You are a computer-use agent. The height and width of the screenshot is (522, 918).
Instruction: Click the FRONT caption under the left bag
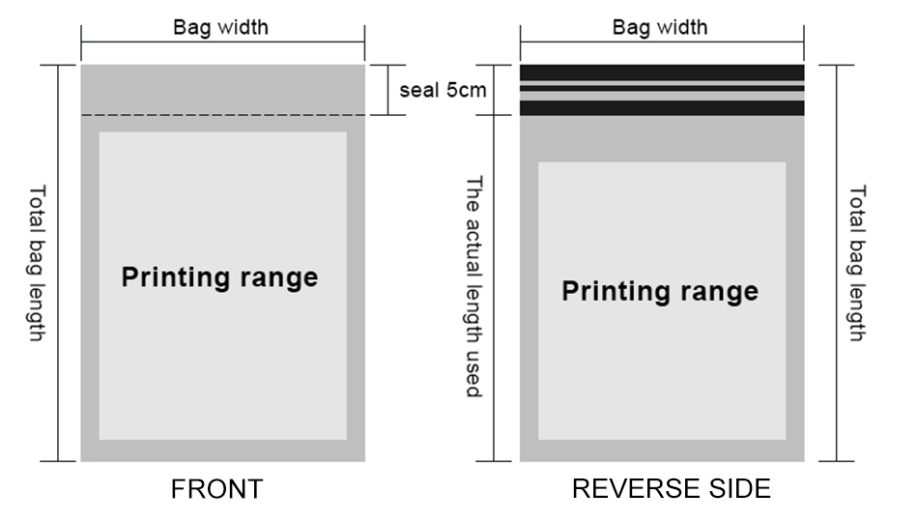click(216, 489)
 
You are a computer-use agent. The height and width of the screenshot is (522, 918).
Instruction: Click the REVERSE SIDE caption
click(671, 489)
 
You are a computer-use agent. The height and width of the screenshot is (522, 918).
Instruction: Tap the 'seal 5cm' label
click(442, 91)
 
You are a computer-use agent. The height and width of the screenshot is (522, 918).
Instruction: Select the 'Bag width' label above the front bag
click(220, 27)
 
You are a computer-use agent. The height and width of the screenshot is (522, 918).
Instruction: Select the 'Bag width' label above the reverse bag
click(660, 27)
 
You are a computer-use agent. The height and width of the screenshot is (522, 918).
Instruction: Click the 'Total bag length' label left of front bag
click(37, 263)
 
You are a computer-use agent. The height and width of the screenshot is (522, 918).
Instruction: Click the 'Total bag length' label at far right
click(857, 263)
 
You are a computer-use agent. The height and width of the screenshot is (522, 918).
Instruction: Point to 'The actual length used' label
click(474, 287)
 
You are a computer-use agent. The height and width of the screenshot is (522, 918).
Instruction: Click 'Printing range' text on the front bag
click(219, 278)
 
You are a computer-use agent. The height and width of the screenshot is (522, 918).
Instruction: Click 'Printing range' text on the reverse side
click(660, 291)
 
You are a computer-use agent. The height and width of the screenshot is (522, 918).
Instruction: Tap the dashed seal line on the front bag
click(222, 116)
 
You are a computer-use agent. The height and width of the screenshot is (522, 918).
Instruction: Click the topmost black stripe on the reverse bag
click(662, 72)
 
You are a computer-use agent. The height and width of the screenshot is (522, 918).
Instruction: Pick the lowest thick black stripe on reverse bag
click(662, 108)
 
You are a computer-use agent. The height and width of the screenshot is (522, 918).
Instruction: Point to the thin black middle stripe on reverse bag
click(662, 88)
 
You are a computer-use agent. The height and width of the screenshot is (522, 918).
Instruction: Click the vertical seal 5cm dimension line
click(387, 91)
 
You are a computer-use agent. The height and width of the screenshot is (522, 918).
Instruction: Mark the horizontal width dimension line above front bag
click(222, 43)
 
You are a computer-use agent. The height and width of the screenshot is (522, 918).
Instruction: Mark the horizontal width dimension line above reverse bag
click(662, 43)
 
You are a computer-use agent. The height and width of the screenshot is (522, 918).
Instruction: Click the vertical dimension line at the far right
click(837, 263)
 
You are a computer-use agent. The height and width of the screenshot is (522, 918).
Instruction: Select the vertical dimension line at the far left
click(59, 263)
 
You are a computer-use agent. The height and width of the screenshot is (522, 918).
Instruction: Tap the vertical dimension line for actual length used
click(495, 287)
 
